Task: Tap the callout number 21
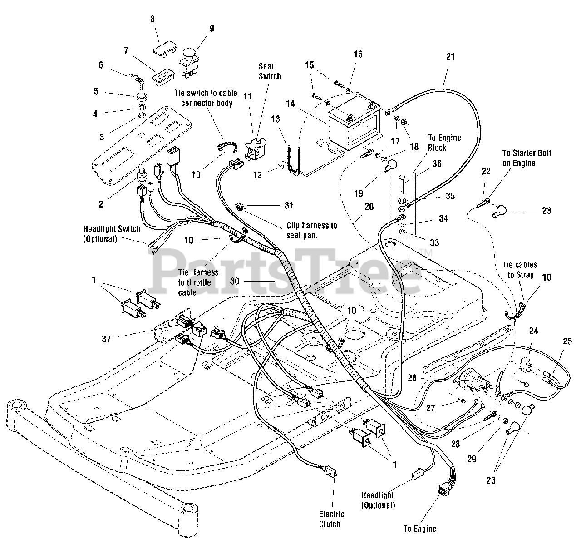click(451, 56)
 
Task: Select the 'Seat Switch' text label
click(270, 71)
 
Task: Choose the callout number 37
click(106, 339)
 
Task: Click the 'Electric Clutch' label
click(331, 519)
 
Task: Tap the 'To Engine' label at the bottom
click(419, 529)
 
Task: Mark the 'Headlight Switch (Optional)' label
click(112, 234)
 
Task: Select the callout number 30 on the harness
click(235, 281)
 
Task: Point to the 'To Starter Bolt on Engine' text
click(527, 158)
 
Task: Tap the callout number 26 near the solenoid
click(412, 378)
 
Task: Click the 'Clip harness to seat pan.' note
click(312, 230)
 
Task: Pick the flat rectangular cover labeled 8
click(165, 47)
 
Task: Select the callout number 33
click(434, 242)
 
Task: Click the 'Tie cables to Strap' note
click(520, 270)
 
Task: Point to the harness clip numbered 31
click(240, 207)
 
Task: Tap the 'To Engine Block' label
click(444, 143)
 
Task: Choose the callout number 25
click(567, 341)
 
